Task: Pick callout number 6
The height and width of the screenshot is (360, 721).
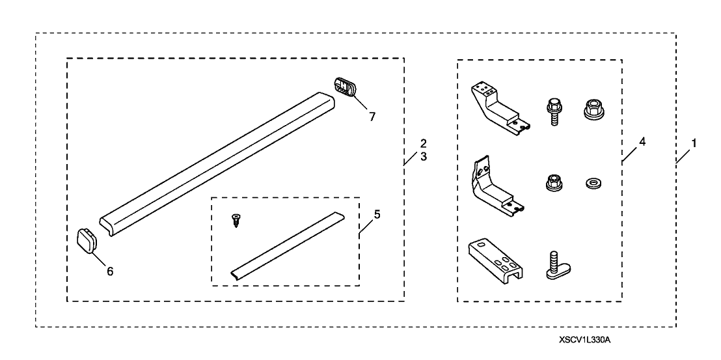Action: tap(110, 271)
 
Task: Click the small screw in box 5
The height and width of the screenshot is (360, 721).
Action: tap(236, 222)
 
